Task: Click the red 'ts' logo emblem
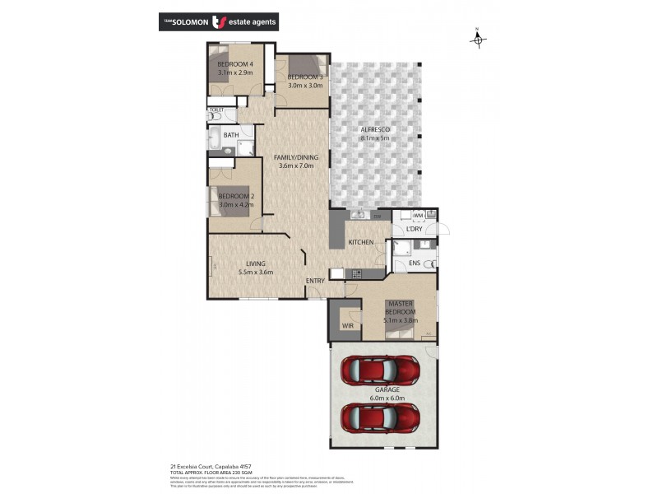click(220, 21)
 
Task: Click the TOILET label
click(217, 110)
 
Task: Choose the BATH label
click(231, 135)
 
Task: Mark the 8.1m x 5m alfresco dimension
click(374, 138)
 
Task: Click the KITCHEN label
click(361, 242)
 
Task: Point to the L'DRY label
click(414, 229)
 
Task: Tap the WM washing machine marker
click(418, 216)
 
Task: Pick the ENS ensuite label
click(415, 263)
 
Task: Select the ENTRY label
click(315, 282)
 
